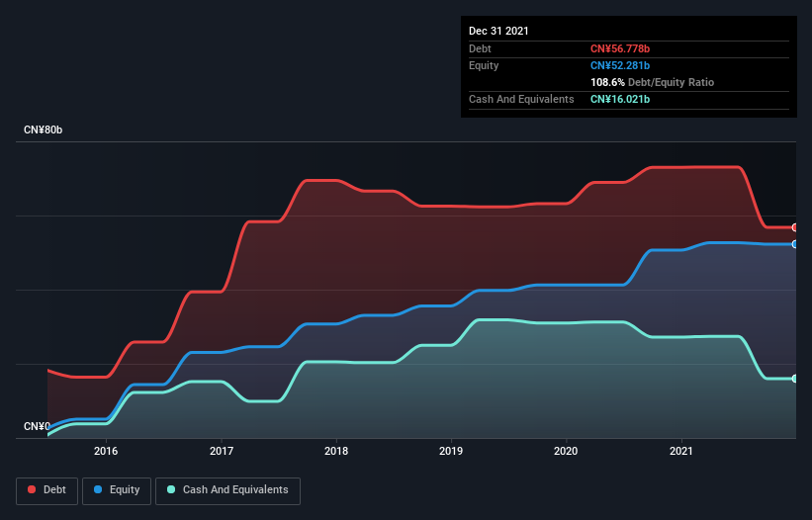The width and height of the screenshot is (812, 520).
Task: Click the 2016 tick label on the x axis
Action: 106,451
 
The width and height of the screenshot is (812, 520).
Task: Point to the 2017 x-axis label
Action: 222,451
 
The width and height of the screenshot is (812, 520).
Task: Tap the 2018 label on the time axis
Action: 336,451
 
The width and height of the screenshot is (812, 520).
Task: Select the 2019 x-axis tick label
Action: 451,451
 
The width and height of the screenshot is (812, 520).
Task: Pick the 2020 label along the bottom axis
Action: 566,451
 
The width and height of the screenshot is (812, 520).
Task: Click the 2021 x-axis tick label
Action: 681,451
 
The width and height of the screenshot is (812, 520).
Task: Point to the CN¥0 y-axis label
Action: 36,426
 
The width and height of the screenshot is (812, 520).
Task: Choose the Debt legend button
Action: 47,490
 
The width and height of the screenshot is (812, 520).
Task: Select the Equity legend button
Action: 117,490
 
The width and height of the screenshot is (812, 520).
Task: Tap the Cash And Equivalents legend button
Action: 227,490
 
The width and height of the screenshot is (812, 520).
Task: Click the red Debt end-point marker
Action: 795,227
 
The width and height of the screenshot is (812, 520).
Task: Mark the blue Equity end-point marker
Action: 795,244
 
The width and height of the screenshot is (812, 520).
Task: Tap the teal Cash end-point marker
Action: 795,379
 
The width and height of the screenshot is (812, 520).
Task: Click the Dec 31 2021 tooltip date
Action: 498,31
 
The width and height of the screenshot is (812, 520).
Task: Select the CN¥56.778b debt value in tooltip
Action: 620,48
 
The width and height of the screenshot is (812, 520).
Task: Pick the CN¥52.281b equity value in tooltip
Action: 620,65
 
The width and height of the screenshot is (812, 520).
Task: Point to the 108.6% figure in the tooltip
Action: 607,82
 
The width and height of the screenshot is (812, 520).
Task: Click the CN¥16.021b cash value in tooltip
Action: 620,99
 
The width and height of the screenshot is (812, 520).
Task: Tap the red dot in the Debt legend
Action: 32,490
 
